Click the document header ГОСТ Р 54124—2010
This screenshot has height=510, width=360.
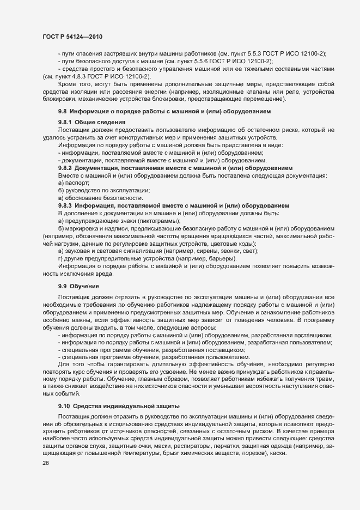pos(72,37)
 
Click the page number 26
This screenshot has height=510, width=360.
pos(46,463)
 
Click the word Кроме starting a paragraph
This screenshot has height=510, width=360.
pos(69,84)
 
